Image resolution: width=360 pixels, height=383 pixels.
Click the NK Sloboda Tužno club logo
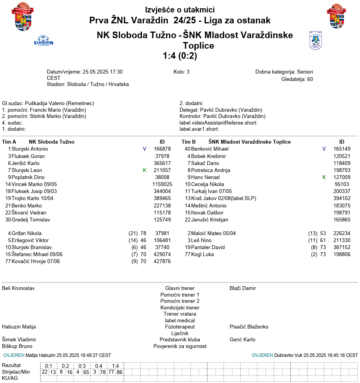coord(44,40)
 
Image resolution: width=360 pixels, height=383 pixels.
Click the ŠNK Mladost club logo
coord(316,40)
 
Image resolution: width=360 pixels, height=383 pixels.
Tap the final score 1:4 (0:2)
coord(180,56)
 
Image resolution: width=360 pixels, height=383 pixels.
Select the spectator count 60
coord(310,79)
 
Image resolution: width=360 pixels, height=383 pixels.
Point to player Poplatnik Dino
coord(28,177)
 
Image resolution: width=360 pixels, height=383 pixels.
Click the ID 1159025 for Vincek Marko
coord(162,184)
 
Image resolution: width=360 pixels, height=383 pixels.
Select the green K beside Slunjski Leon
coord(145,170)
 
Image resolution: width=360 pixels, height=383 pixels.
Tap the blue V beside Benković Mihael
coord(324,149)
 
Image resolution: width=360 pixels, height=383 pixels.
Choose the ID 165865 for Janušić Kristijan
coord(342,220)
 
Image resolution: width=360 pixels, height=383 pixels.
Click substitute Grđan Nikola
coord(26,233)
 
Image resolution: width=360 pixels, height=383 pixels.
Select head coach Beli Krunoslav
coord(18,288)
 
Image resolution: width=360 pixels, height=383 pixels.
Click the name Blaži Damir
coord(243,288)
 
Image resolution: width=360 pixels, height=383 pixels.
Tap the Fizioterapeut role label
coord(180,327)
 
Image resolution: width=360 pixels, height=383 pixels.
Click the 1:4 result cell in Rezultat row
coord(115,366)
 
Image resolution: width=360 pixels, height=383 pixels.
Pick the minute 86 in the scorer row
coord(119,372)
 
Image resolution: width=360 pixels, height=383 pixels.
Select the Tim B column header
coord(189,142)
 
